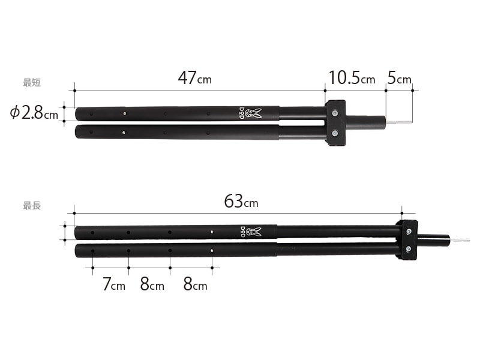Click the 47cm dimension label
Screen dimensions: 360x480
[x=194, y=78]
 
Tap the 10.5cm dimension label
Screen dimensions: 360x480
[x=352, y=78]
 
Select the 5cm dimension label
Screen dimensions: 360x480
[x=400, y=78]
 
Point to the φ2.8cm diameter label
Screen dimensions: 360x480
[x=34, y=113]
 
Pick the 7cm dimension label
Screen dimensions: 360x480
[x=114, y=285]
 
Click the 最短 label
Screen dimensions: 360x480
[x=32, y=83]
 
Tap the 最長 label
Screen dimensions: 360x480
[x=32, y=205]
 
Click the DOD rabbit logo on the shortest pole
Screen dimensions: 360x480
[x=254, y=113]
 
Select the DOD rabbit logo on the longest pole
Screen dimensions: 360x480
[x=254, y=232]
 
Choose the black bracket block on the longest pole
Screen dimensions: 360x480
[x=408, y=240]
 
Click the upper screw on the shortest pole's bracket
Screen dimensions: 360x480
[x=334, y=112]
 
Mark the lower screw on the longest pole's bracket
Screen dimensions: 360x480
[x=408, y=249]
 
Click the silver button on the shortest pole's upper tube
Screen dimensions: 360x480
[x=124, y=113]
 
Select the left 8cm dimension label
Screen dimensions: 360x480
[x=152, y=285]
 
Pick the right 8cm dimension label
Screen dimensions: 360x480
[x=196, y=285]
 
